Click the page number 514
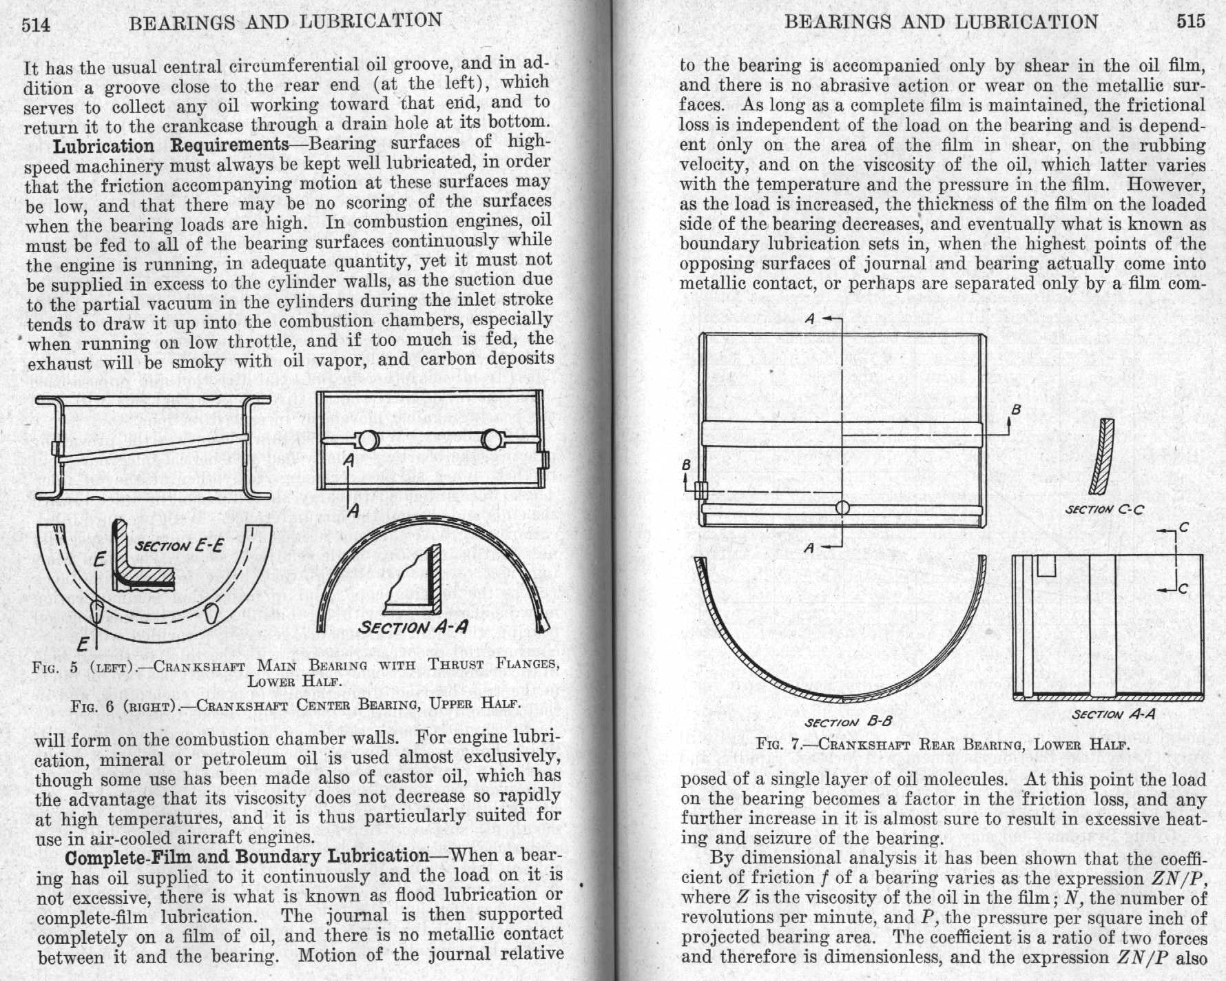[x=37, y=25]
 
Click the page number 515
[x=1191, y=21]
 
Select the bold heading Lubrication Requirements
[x=172, y=145]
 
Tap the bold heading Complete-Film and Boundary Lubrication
[x=247, y=856]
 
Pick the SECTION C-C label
[x=1105, y=510]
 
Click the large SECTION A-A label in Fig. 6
[x=413, y=627]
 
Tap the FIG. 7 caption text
[x=944, y=744]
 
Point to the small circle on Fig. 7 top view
[x=842, y=508]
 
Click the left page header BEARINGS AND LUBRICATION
[x=286, y=22]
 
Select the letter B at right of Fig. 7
[x=1015, y=411]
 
